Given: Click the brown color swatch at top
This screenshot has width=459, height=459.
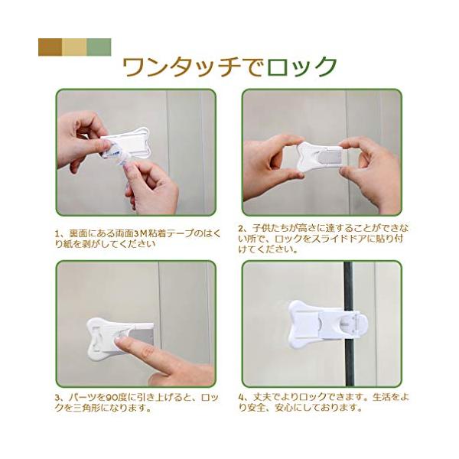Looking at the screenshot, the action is tap(50, 47).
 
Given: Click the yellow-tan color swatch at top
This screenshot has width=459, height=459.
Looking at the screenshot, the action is tap(74, 47).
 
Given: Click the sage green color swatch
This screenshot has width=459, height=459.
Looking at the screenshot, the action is tap(99, 47).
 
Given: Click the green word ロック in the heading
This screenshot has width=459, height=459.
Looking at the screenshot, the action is tap(302, 67).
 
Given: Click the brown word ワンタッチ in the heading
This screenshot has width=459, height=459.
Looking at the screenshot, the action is tap(181, 67).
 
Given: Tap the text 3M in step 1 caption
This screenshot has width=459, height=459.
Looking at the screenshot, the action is tap(141, 233).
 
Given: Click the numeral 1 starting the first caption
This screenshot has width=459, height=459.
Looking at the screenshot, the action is tap(57, 234).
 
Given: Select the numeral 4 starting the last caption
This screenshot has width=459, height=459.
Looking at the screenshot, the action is tap(241, 398).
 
